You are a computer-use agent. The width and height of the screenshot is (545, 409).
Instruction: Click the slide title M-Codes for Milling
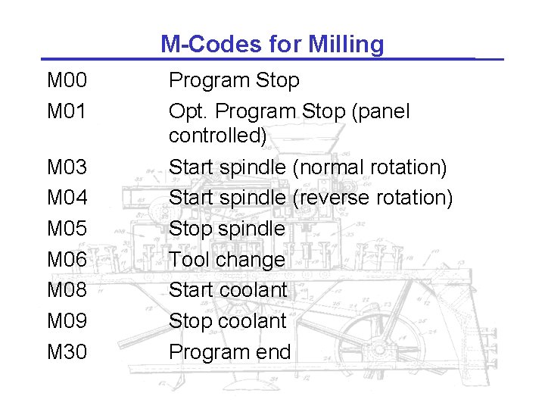272,45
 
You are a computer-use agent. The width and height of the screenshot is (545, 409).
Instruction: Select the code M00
67,80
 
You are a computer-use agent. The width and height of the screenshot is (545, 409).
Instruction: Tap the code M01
67,112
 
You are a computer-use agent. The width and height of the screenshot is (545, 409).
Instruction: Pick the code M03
67,167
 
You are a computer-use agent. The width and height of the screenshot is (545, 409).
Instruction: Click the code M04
67,198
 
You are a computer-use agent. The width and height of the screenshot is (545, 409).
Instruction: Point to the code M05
67,229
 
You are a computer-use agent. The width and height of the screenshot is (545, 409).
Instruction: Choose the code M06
67,260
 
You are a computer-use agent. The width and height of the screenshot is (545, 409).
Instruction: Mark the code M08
67,290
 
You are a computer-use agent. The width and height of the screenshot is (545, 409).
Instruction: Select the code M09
67,321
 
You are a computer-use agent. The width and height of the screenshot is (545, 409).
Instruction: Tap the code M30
67,352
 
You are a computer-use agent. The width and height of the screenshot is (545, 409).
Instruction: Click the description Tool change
227,260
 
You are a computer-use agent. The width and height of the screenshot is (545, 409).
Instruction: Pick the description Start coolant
228,290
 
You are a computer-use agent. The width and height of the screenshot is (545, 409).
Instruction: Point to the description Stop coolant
227,321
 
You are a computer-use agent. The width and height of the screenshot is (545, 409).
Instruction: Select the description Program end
229,352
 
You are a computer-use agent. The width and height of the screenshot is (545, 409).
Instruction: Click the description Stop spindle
227,229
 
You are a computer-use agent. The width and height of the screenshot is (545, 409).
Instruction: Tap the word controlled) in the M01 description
218,136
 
